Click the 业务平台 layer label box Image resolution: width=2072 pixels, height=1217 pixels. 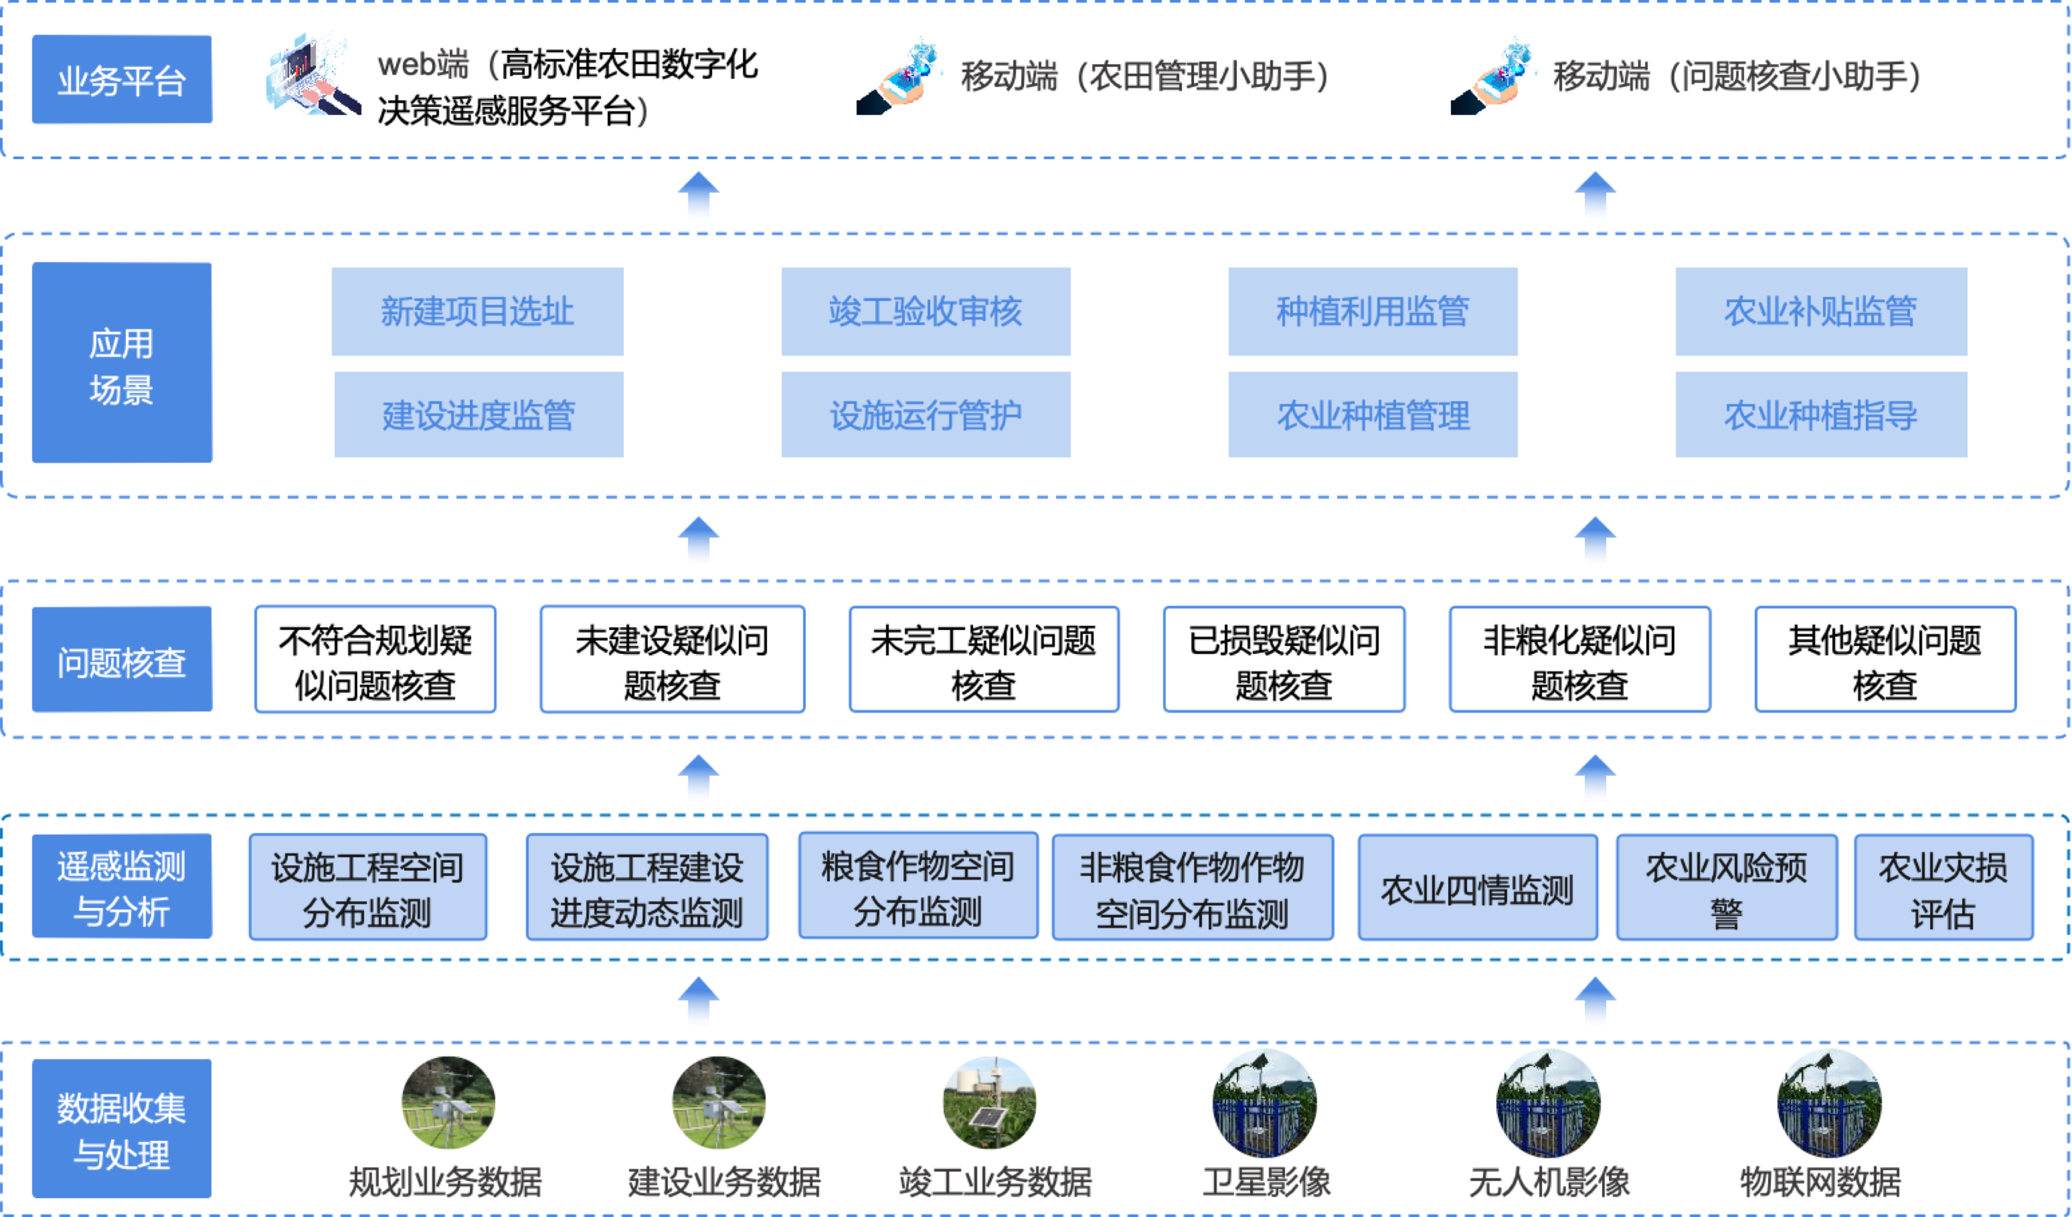click(122, 80)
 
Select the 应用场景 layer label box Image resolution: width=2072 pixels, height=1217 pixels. click(122, 363)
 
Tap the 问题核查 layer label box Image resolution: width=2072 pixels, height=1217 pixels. click(122, 660)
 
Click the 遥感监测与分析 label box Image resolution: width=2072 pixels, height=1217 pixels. click(122, 886)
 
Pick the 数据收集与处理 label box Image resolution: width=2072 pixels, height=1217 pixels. click(122, 1128)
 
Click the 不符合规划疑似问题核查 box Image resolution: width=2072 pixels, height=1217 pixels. click(375, 660)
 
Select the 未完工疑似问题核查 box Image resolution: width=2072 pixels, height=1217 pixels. click(983, 660)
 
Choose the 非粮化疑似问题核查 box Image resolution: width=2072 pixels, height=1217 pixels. click(1579, 660)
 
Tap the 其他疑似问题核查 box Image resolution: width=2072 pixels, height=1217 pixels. click(1885, 660)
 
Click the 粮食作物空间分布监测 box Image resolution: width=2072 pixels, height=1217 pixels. click(918, 886)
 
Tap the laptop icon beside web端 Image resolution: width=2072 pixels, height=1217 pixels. click(312, 74)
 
